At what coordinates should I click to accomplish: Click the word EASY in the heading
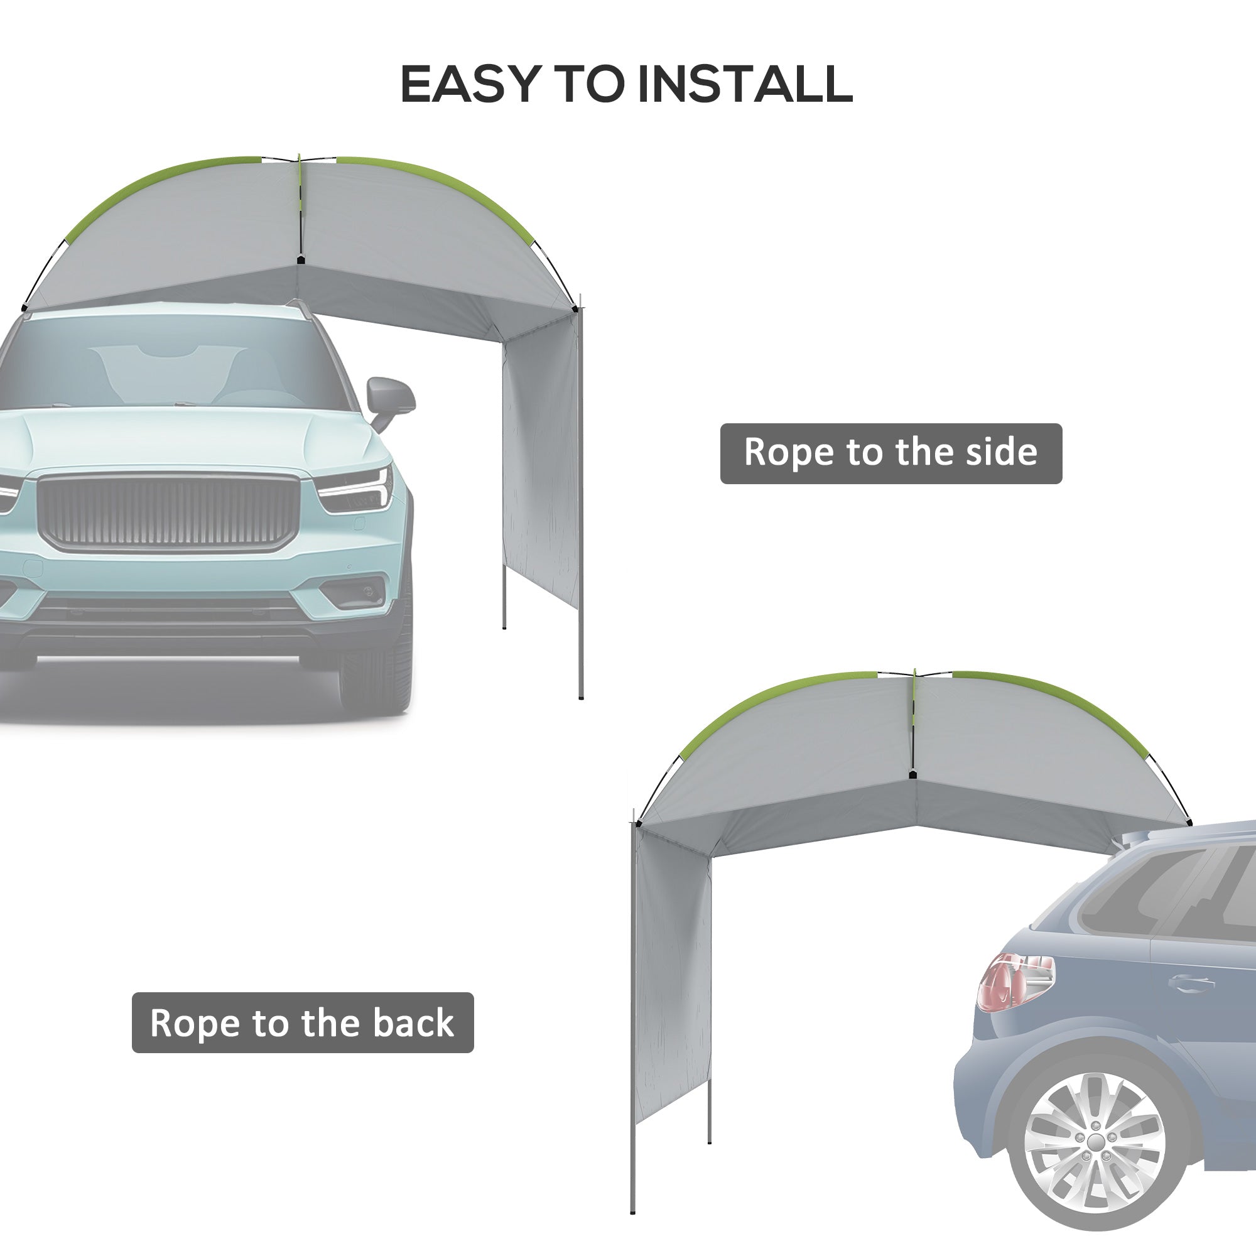tap(470, 85)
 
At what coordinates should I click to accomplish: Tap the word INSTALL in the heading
tap(745, 85)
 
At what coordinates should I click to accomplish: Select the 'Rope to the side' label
tap(891, 453)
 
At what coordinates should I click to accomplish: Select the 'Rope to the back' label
tap(302, 1022)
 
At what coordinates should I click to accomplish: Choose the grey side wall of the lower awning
tap(673, 975)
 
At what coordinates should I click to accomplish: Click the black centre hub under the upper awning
tap(300, 260)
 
